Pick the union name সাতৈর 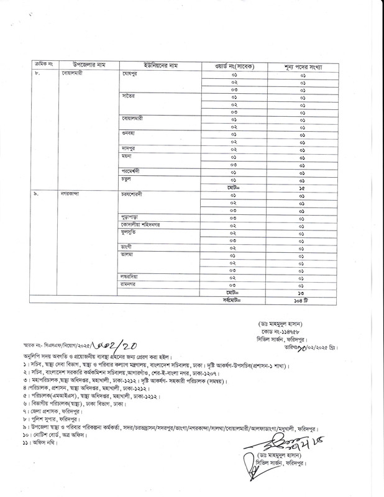[129, 97]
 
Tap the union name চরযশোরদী [135, 193]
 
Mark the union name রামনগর [131, 282]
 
